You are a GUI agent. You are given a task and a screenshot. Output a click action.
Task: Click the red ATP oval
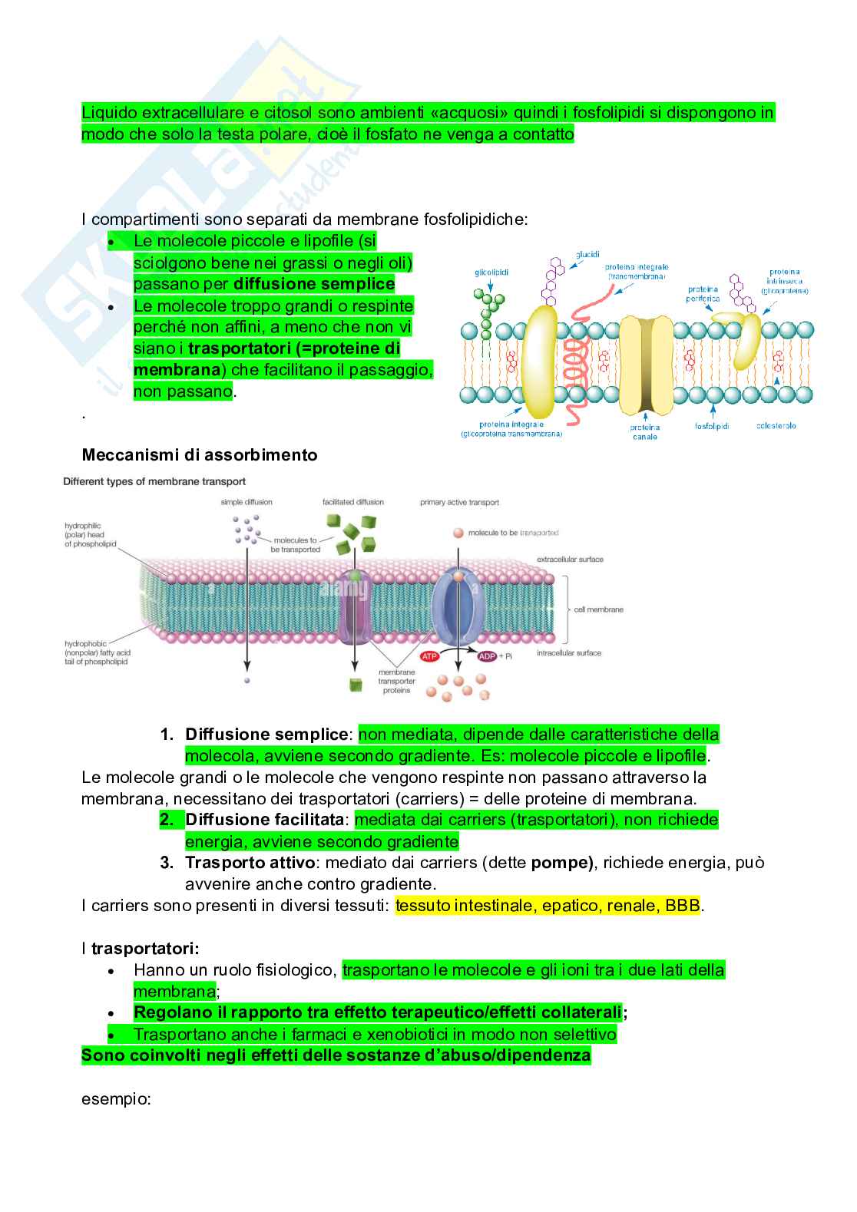[x=429, y=656]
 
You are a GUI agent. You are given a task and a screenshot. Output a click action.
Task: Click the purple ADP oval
[x=487, y=656]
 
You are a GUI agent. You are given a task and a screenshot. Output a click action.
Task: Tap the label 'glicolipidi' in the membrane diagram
[x=491, y=272]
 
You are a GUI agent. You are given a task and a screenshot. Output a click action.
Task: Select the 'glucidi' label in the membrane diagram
[x=587, y=254]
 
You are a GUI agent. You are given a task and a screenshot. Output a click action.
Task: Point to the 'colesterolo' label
[x=776, y=425]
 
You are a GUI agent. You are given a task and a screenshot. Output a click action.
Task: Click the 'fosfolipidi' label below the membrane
[x=712, y=425]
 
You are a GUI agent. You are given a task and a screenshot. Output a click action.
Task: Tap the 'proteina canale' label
[x=645, y=432]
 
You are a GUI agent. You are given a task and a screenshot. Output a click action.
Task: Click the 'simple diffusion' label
[x=247, y=502]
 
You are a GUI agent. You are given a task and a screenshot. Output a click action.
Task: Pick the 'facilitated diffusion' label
[x=353, y=502]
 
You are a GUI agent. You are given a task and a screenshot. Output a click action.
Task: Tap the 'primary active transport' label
[x=459, y=503]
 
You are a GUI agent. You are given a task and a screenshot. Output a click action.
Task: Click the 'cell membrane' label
[x=598, y=609]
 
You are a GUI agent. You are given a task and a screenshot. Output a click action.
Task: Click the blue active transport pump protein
[x=458, y=606]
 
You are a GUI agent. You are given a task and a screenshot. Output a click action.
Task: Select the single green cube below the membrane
[x=356, y=685]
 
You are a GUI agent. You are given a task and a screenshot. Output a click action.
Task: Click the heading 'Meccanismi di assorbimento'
[x=200, y=455]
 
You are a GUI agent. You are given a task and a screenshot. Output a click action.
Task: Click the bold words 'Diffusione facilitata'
[x=265, y=820]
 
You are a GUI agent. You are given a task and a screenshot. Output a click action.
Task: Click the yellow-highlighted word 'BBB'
[x=683, y=906]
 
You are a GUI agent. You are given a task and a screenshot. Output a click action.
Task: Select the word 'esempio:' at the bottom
[x=116, y=1099]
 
